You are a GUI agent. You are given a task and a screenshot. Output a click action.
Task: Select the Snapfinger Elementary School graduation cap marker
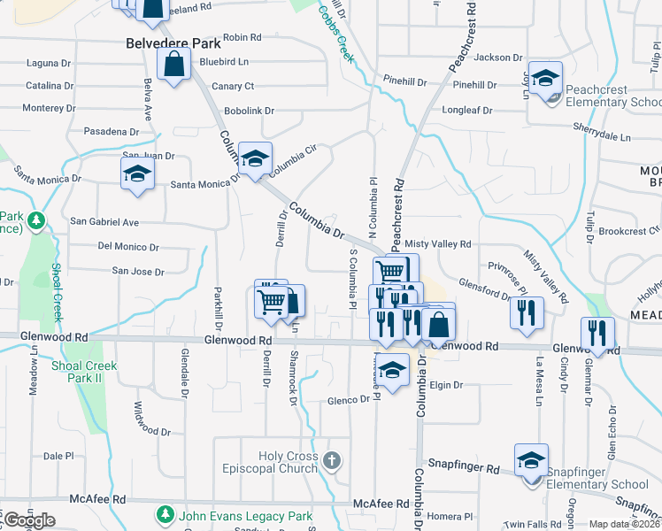(531, 461)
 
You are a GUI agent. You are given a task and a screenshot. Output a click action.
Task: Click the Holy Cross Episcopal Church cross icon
(331, 460)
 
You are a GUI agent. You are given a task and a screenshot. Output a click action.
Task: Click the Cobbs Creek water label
(335, 34)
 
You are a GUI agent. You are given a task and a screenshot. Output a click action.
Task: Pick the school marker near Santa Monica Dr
(137, 173)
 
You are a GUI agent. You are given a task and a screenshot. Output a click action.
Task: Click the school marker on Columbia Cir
(255, 158)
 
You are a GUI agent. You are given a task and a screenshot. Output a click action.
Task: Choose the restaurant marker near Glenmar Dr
(597, 333)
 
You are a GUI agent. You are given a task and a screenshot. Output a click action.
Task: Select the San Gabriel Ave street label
(104, 221)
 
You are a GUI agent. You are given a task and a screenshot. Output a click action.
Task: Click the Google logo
(29, 520)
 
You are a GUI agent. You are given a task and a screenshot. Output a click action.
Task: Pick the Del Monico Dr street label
(128, 247)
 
